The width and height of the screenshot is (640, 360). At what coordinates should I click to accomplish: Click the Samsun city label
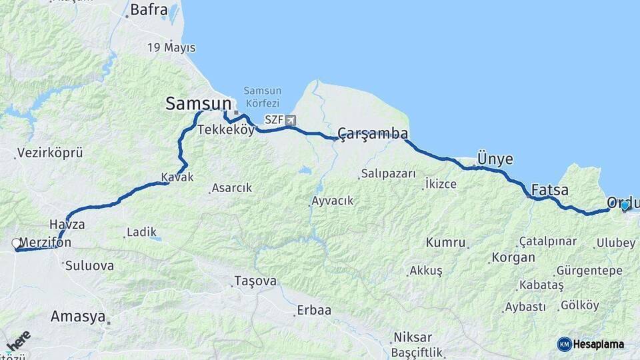coord(199,103)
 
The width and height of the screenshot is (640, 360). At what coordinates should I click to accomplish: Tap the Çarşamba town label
coord(373,133)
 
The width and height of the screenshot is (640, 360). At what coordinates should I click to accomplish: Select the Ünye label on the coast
coord(495,159)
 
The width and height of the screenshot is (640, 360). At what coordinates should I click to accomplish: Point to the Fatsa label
coord(550,189)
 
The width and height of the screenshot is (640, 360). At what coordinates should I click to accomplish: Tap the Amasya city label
coord(78,316)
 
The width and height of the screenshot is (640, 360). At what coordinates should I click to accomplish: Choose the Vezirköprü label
coord(51,153)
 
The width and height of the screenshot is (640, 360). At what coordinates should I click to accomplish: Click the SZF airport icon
coord(291,120)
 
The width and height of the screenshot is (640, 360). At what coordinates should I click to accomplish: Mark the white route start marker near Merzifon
coord(16,244)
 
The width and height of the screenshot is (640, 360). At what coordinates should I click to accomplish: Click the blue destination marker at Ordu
coord(625,206)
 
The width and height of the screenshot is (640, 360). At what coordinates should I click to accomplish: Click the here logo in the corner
coord(18,341)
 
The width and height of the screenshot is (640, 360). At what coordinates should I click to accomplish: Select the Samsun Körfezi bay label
coord(262,97)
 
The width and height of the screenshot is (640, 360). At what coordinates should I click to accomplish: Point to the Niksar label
coord(413,337)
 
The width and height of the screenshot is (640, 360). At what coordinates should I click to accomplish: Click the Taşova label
coord(255,281)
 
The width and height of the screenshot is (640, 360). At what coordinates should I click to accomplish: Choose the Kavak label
coord(177,177)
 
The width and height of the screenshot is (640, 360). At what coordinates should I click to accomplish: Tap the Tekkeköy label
coord(225,130)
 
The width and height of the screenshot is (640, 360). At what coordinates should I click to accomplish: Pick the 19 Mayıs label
coord(171,47)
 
